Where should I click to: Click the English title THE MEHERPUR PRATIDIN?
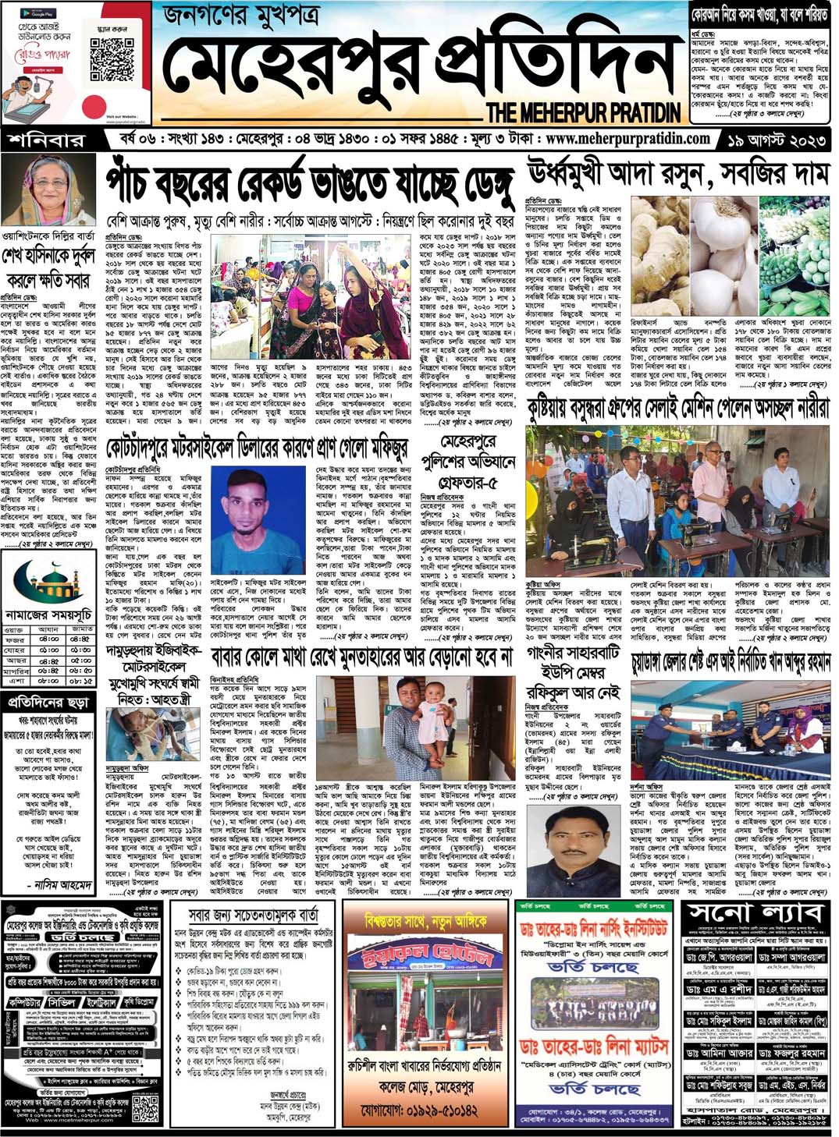click(x=583, y=112)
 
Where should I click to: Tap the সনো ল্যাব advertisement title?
click(x=754, y=912)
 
